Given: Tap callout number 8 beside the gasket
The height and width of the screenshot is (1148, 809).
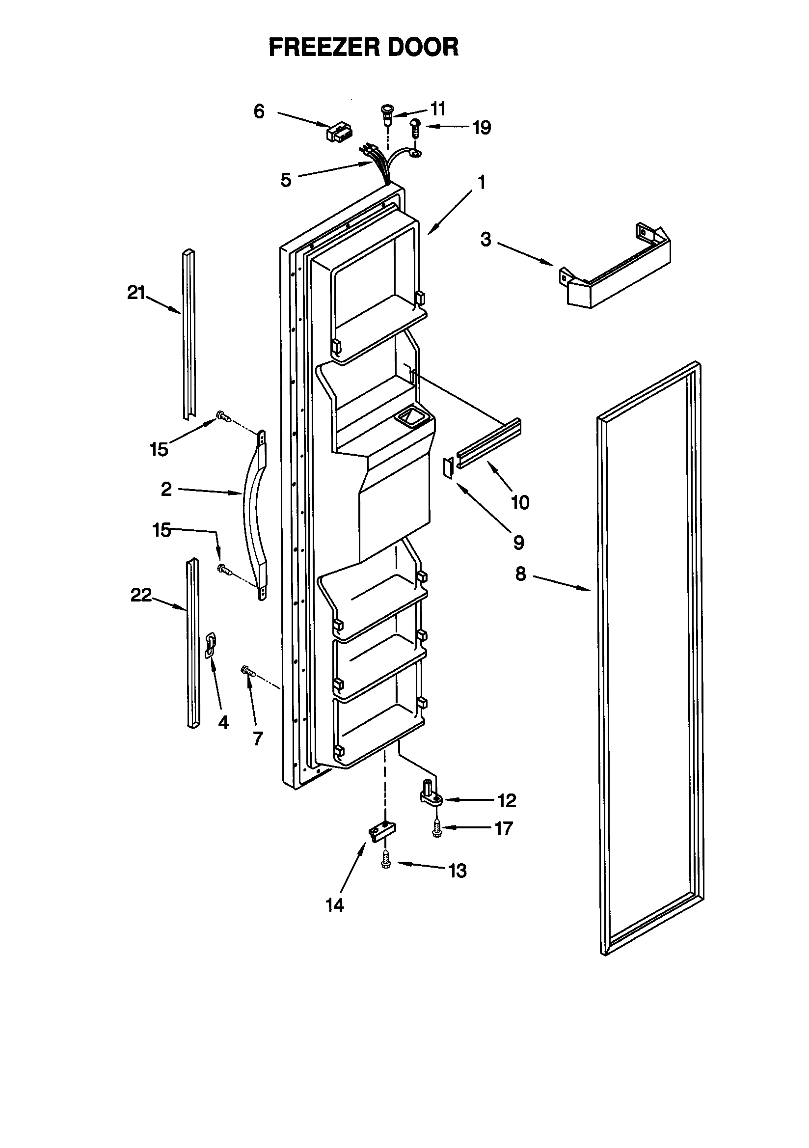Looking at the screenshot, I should [520, 574].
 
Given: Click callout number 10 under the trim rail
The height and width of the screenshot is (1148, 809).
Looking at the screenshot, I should [520, 502].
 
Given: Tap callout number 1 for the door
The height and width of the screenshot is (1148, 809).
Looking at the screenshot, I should [482, 183].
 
